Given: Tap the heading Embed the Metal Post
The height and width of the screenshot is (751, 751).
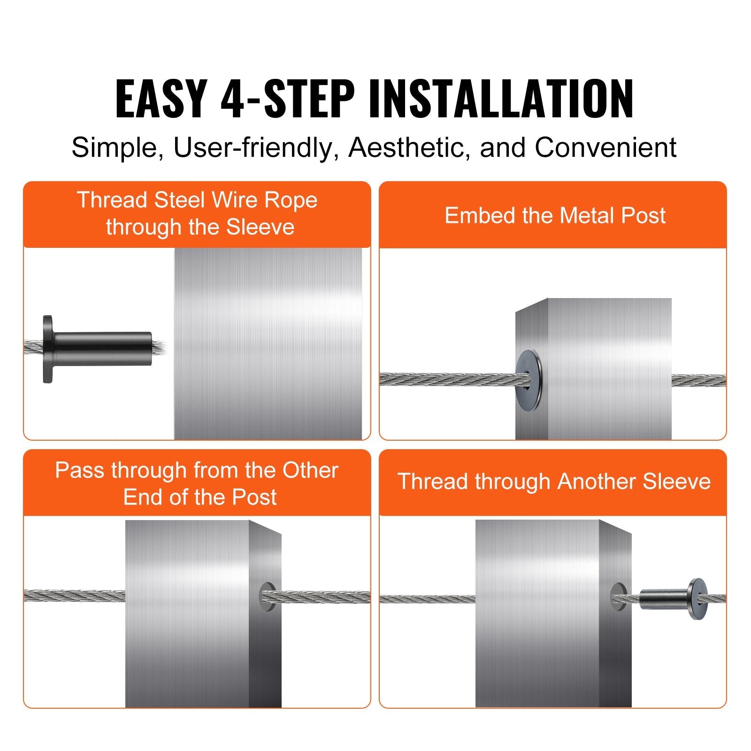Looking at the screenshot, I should pos(554,215).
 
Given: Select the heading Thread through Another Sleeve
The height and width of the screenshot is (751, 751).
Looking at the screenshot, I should pos(554,482).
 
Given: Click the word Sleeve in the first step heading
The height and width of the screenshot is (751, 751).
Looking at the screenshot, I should pos(260,227).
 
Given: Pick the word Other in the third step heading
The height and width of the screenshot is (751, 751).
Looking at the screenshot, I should pos(310,470).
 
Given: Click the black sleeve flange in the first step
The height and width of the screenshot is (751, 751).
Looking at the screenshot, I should pos(47,349).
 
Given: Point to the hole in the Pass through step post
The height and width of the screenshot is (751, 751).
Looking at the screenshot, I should pos(267,596).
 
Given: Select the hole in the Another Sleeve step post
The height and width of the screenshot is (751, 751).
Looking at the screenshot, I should pos(618,597).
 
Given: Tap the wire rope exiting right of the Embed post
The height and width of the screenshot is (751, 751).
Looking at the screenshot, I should pos(698,380).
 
